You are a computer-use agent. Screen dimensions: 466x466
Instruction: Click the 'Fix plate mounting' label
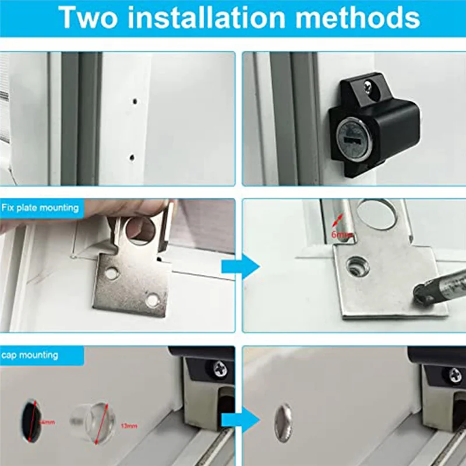[x=40, y=207]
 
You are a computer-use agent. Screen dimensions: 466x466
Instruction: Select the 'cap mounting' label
[x=29, y=354]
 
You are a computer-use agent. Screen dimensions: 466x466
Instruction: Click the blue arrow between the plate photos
[x=239, y=268]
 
